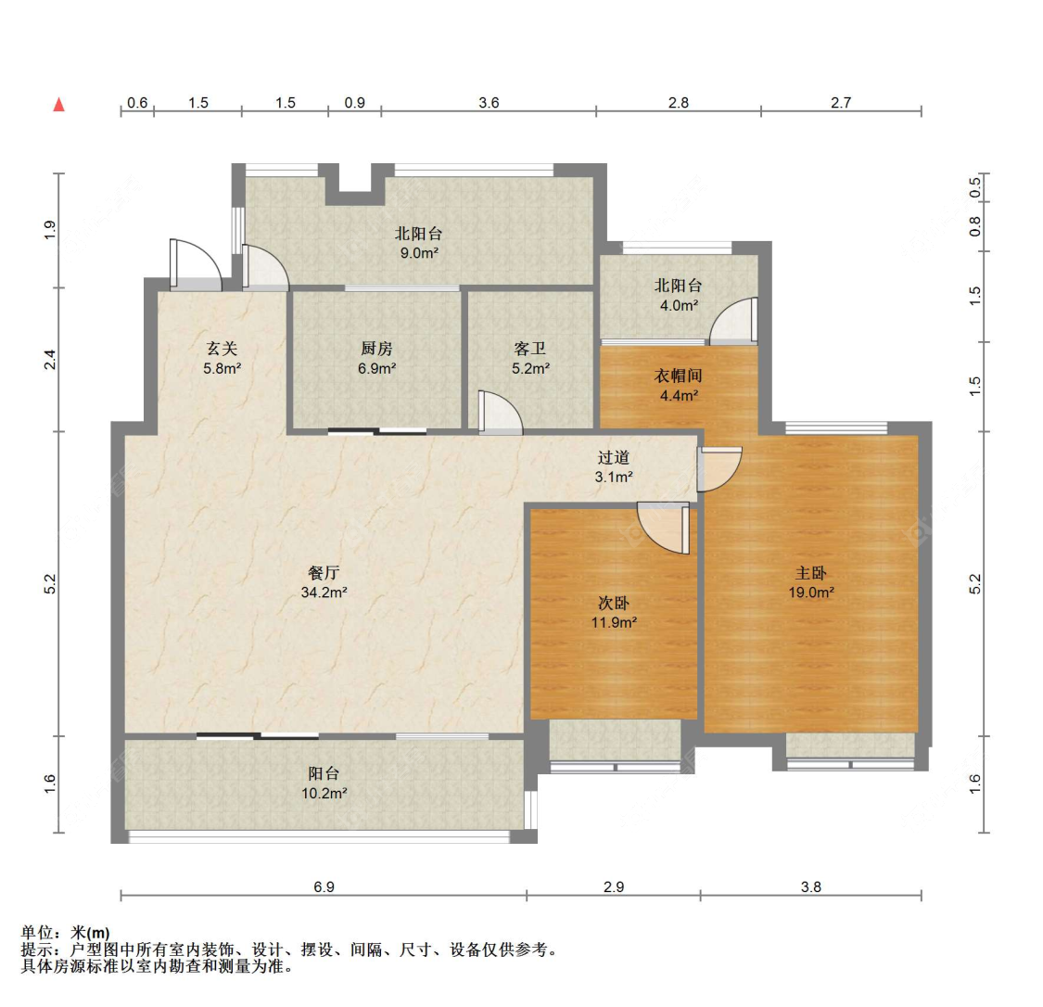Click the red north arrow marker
59,104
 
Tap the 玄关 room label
222,349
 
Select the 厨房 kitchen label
376,349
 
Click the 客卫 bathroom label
530,349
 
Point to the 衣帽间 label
679,376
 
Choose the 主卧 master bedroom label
810,573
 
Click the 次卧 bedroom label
614,604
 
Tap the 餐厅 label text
324,573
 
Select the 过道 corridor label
614,457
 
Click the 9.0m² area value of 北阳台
418,252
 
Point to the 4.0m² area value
679,304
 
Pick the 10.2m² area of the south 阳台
324,793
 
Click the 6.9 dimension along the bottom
324,886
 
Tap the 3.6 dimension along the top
489,103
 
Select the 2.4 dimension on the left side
51,359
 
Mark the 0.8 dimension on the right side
975,226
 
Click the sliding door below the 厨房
376,431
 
